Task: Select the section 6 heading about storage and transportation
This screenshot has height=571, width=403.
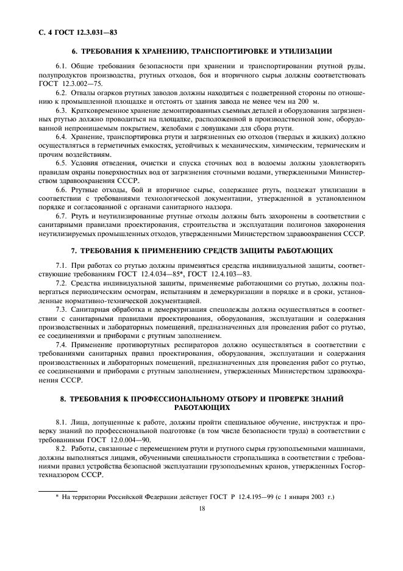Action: pos(202,51)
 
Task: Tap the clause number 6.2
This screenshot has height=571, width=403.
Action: pos(61,92)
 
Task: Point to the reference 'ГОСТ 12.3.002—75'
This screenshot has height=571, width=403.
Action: pos(68,82)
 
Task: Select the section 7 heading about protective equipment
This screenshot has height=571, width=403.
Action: pos(202,251)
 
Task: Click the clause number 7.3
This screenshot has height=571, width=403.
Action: pos(61,310)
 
